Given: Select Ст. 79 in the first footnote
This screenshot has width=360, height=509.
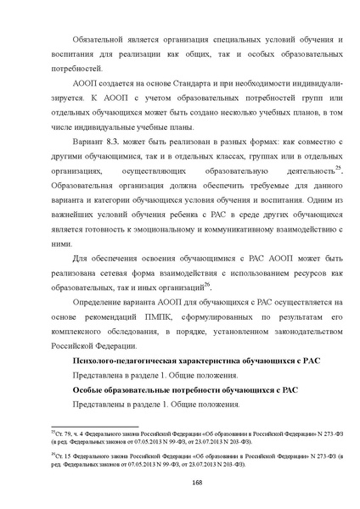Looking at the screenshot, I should [x=62, y=433].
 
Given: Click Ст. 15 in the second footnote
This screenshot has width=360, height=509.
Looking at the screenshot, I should [x=62, y=455].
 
